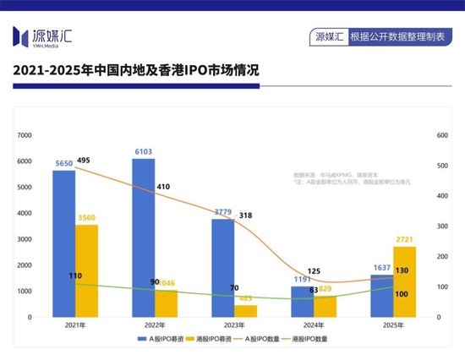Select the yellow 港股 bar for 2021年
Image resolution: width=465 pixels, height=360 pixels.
click(86, 270)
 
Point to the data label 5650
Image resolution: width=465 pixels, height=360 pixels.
click(63, 163)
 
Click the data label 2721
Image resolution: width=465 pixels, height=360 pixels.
click(405, 240)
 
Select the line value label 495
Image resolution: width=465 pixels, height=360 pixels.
click(83, 160)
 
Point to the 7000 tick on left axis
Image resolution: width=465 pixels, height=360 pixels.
click(25, 135)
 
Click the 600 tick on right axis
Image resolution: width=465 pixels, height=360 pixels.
click(441, 135)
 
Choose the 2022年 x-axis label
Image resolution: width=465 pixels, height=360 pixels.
click(153, 325)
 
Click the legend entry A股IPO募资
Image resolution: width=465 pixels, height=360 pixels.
click(163, 339)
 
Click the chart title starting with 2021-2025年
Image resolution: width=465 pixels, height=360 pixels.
click(136, 74)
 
